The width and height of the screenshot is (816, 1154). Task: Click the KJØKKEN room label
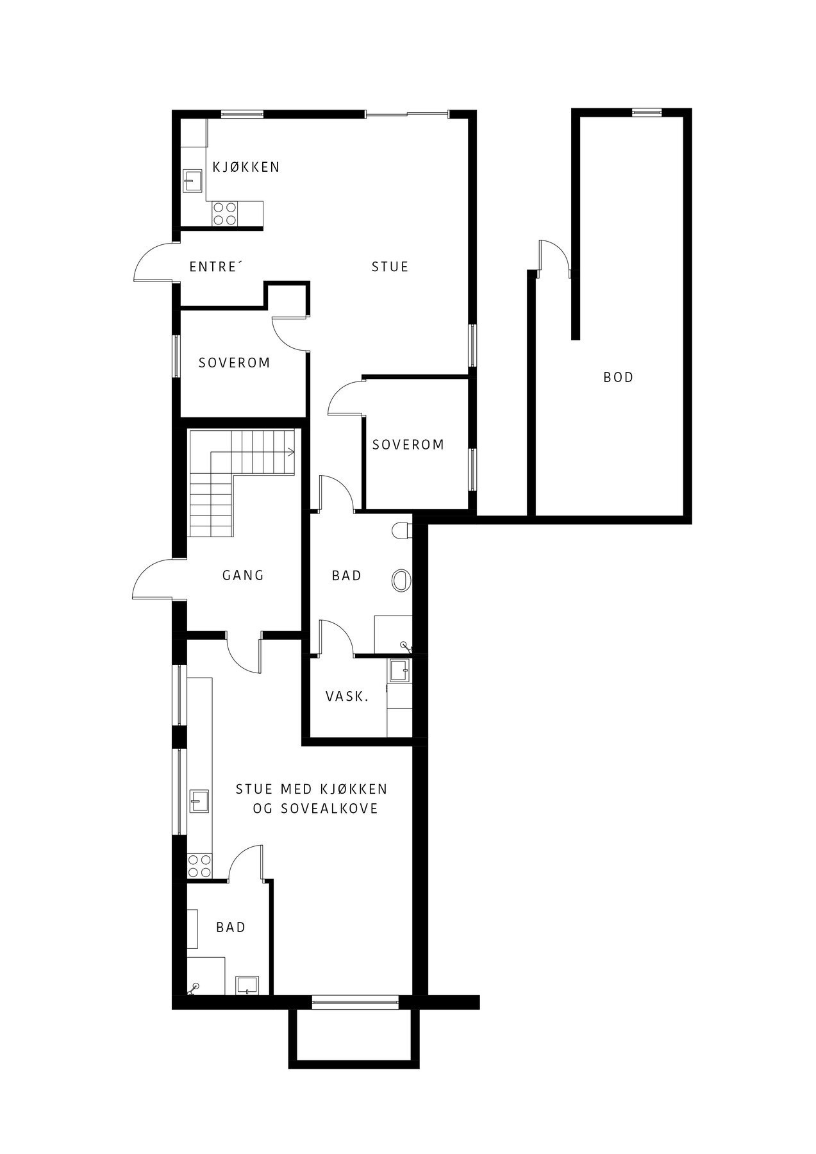(x=246, y=167)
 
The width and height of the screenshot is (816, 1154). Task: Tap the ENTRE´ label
(x=214, y=267)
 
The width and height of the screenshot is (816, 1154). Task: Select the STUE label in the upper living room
(x=390, y=267)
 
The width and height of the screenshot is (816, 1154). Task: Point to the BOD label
(x=618, y=377)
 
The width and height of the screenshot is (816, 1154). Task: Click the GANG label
(x=243, y=575)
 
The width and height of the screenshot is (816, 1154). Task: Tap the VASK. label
(x=347, y=696)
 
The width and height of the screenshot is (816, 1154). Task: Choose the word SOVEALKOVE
(x=329, y=809)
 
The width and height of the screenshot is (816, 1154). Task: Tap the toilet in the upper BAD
(x=401, y=531)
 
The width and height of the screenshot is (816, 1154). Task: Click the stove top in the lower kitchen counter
(x=199, y=866)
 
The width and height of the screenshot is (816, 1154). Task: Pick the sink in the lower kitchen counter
(x=199, y=801)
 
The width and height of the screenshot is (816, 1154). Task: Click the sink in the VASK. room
(x=400, y=671)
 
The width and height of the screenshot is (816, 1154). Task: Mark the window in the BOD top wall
(x=646, y=113)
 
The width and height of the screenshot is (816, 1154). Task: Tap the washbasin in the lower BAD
(x=247, y=985)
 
